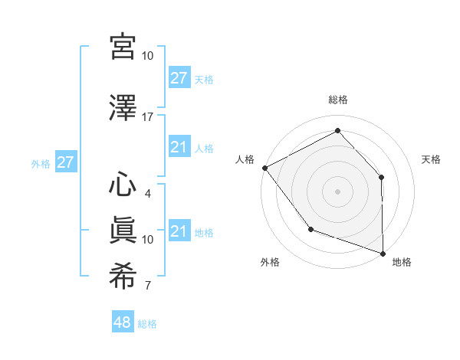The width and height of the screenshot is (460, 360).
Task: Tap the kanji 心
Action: [x=123, y=185]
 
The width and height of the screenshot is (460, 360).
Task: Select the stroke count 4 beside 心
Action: [x=147, y=194]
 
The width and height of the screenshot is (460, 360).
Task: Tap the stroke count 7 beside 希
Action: [x=147, y=286]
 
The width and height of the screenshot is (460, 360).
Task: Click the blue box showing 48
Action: [x=123, y=322]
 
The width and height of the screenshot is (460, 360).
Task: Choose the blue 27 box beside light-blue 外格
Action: [x=65, y=162]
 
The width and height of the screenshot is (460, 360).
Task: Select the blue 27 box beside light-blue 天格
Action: [x=179, y=77]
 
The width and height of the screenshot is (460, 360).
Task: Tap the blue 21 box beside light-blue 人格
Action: [x=179, y=147]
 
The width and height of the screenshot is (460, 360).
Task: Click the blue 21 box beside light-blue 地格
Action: [x=179, y=231]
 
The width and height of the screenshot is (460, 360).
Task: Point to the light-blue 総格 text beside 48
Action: [x=147, y=324]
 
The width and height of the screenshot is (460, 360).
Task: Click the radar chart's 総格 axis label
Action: [x=337, y=100]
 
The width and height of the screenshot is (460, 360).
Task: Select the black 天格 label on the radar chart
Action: [x=431, y=159]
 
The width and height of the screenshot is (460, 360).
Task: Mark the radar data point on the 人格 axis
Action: [x=264, y=167]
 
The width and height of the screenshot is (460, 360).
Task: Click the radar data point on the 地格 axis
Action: [x=383, y=253]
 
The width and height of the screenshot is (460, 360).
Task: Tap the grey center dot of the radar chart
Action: [x=337, y=191]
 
